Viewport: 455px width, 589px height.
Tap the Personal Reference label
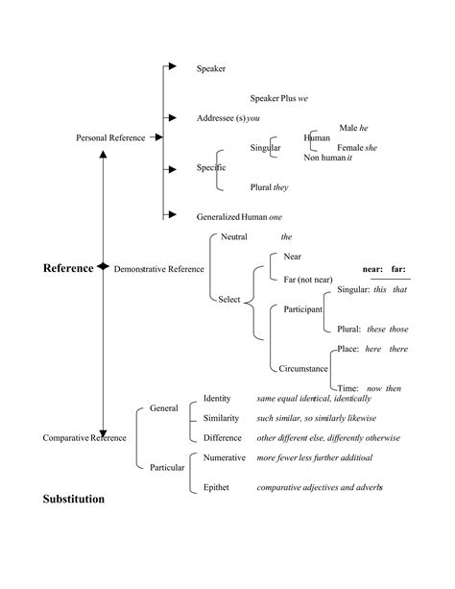[110, 138]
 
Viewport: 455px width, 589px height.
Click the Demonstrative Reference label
[158, 269]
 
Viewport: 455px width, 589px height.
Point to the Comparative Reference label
[84, 438]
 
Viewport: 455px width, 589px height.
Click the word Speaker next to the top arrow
[211, 69]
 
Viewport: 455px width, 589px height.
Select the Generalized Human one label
[239, 217]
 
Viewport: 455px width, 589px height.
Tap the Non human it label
[328, 158]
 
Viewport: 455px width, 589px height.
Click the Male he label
[354, 128]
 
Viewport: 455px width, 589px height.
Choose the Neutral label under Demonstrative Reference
[234, 236]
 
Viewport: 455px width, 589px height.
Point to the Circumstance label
[303, 368]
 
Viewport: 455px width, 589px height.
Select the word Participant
[302, 308]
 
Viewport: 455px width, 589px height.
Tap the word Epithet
[217, 488]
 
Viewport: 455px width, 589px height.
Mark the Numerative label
[225, 457]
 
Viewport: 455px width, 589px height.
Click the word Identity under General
[217, 398]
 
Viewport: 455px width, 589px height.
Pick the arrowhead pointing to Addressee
[172, 117]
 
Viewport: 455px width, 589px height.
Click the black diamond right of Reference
[102, 268]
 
